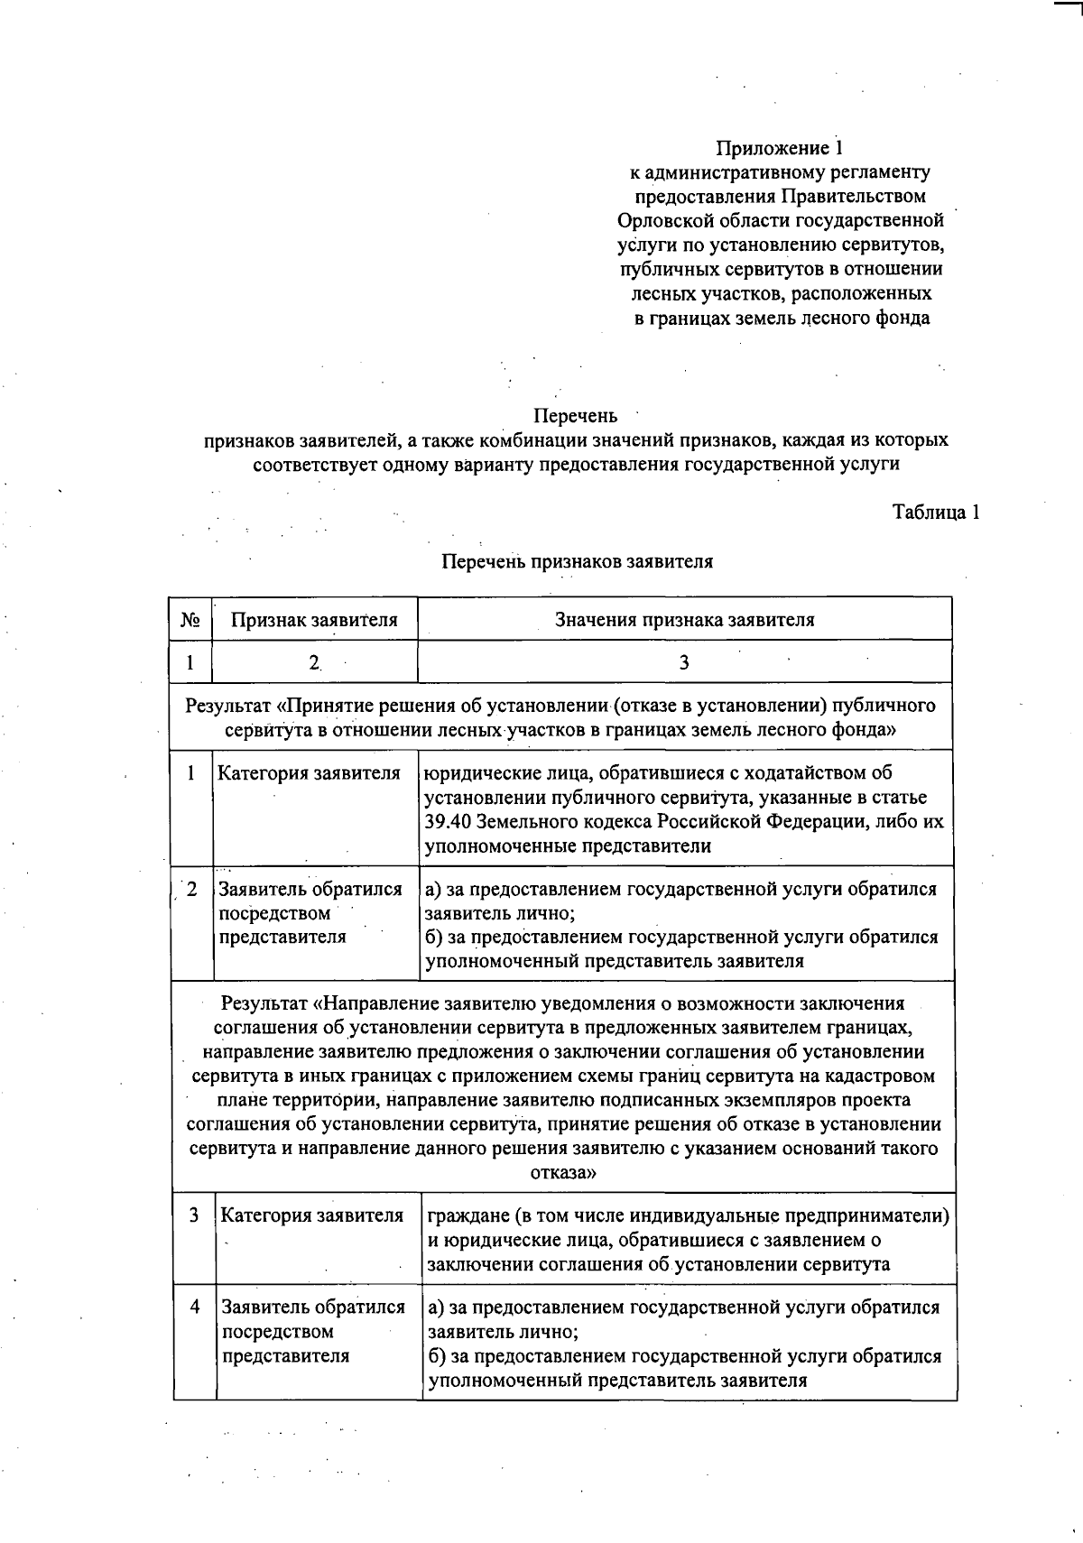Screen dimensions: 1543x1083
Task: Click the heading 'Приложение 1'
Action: pos(780,147)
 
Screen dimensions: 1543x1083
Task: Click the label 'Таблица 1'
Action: pos(936,512)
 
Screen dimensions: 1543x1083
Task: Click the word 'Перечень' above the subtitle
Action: pos(576,416)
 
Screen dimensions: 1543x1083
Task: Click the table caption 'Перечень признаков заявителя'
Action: pos(578,561)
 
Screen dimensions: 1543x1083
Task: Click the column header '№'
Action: pos(190,620)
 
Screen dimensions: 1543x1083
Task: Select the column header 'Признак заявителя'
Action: pos(314,620)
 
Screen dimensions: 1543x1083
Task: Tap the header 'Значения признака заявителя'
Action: pos(684,620)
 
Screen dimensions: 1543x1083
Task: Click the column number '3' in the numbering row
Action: pos(684,662)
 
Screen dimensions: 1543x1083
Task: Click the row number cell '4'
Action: pos(194,1307)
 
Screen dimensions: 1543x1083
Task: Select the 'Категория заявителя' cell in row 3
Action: pos(312,1215)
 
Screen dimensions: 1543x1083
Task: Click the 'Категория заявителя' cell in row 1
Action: pos(309,773)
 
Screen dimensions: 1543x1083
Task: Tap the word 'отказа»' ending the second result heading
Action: pos(563,1173)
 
